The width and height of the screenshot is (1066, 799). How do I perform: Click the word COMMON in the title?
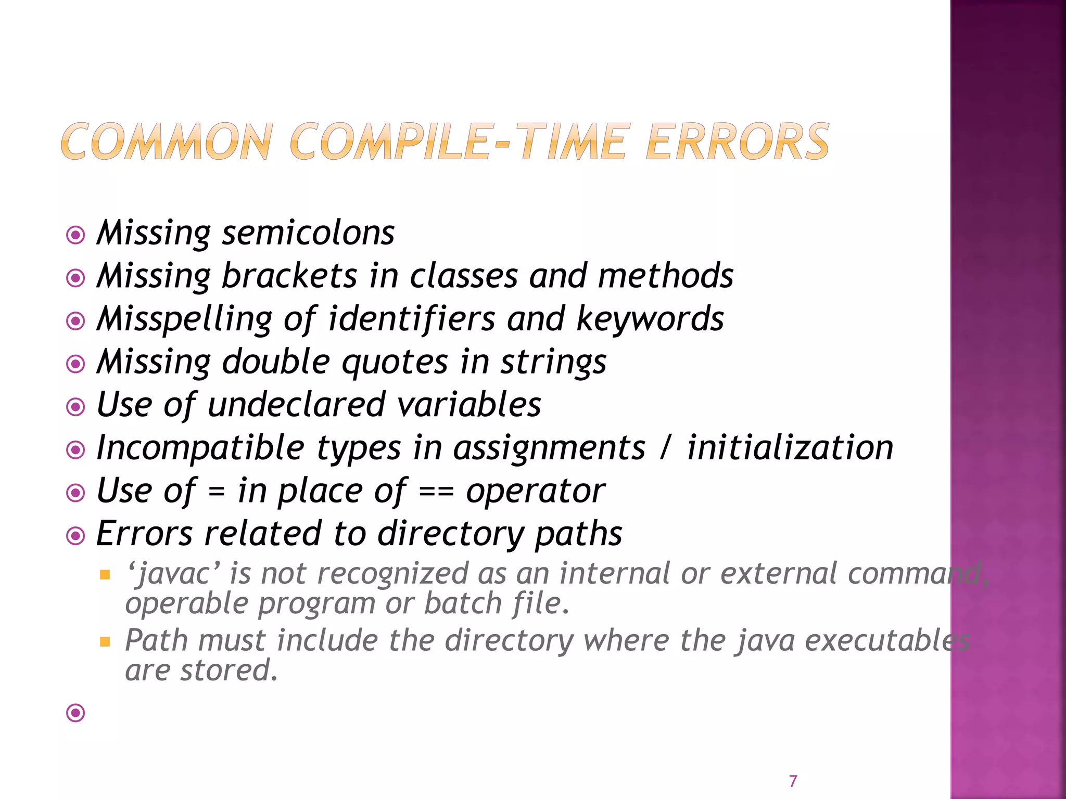point(167,141)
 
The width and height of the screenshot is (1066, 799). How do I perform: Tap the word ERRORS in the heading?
point(737,141)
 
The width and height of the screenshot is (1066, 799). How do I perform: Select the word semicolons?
point(308,233)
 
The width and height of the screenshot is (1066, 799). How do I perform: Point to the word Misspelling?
point(184,319)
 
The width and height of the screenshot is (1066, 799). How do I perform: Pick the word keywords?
point(650,318)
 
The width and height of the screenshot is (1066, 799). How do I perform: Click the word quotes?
point(395,362)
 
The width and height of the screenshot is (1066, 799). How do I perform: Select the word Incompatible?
point(200,448)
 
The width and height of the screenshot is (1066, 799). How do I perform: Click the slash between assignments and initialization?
point(665,448)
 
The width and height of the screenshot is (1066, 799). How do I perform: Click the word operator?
point(535,491)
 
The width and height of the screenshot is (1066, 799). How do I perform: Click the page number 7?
point(793,781)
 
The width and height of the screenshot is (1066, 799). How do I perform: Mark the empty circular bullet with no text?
point(76,713)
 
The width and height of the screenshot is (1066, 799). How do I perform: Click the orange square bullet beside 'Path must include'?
point(105,641)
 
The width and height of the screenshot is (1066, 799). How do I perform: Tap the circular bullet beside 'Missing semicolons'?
point(76,235)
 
